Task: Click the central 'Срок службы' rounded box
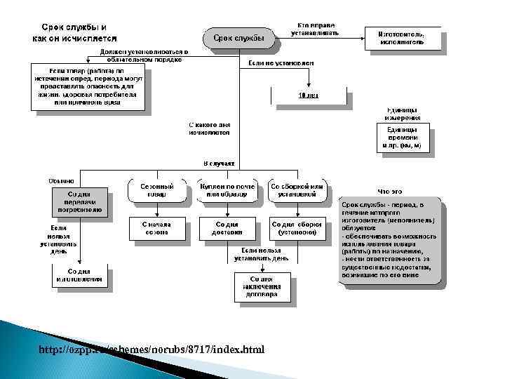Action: (x=238, y=38)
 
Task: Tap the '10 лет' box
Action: (x=309, y=95)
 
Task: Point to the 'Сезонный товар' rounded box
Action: (x=156, y=189)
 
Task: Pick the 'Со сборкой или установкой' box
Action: (x=297, y=189)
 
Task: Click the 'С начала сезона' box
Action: (x=156, y=227)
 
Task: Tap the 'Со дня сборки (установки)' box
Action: (x=297, y=227)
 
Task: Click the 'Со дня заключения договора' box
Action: (x=262, y=286)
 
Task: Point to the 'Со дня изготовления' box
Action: (x=79, y=276)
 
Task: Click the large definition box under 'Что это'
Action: (x=390, y=239)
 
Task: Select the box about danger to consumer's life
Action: (x=88, y=86)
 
